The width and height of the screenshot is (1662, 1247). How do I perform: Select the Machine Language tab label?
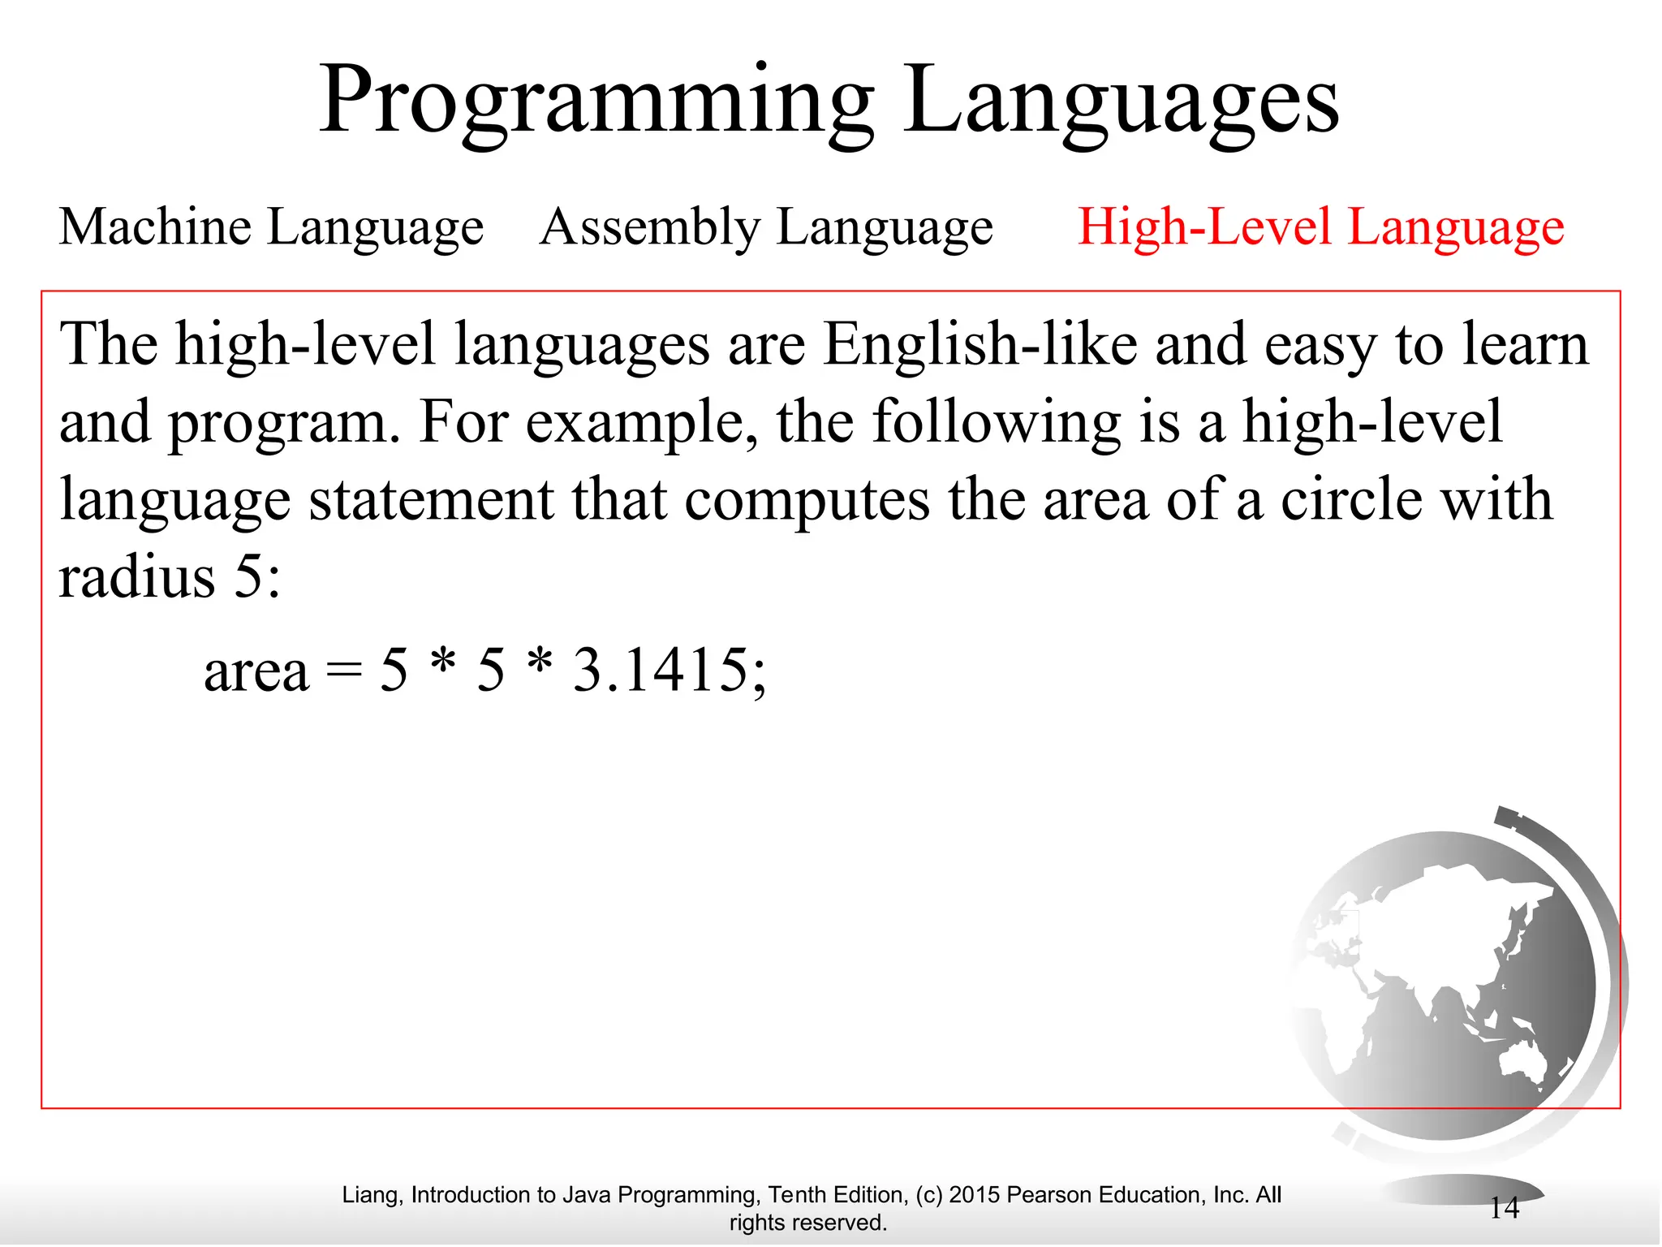tap(271, 227)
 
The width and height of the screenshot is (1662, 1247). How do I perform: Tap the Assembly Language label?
tap(766, 227)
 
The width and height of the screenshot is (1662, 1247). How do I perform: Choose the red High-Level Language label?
tap(1320, 227)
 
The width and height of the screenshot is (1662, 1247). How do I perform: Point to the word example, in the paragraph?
tap(642, 422)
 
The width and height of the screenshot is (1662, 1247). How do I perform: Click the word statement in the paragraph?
tap(431, 499)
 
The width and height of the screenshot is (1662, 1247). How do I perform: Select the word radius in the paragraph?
tap(136, 577)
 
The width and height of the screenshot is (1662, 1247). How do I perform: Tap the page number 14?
tap(1505, 1208)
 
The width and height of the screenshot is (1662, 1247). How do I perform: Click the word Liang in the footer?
tap(369, 1195)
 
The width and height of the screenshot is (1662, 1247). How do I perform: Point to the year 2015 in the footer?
tap(975, 1195)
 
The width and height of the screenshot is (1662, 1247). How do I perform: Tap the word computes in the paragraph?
tap(807, 499)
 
